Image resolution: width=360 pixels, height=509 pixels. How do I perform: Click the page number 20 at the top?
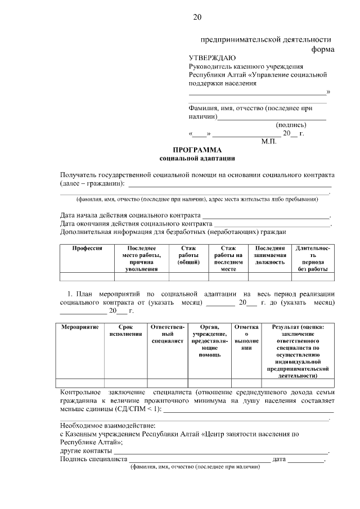coord(197,17)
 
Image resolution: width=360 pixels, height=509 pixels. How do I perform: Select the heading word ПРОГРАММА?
coord(197,150)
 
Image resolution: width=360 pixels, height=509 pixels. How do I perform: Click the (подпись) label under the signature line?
coord(290,125)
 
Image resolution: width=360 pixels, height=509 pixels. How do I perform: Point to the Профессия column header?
coord(87,248)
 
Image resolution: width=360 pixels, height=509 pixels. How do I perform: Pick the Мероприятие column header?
coord(80,327)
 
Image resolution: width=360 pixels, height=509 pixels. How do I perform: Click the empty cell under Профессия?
coord(87,276)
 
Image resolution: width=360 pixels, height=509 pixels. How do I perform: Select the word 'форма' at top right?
coord(323,49)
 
